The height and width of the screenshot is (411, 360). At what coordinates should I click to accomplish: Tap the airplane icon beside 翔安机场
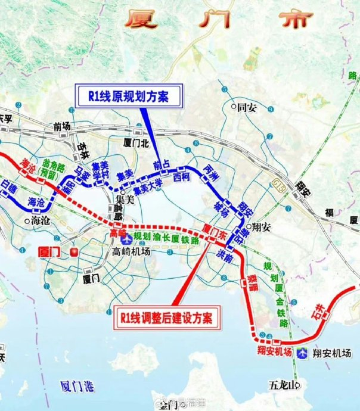pyautogui.click(x=305, y=352)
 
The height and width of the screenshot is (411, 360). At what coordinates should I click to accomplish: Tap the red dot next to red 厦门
pyautogui.click(x=75, y=251)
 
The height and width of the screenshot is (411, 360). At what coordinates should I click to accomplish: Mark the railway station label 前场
pyautogui.click(x=62, y=126)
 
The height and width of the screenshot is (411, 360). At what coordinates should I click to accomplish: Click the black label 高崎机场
pyautogui.click(x=132, y=251)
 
